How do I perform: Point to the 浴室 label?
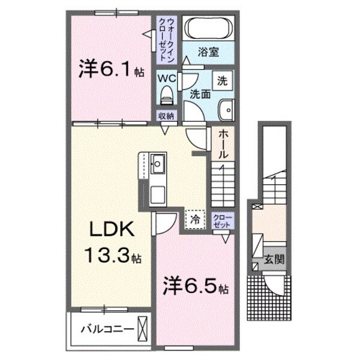tap(209, 52)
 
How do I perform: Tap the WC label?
tap(167, 79)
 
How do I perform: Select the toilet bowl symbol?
tap(167, 95)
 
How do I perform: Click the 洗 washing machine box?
tap(222, 80)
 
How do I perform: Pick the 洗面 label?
tap(199, 94)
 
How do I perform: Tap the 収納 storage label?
tap(166, 116)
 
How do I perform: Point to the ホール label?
tap(223, 145)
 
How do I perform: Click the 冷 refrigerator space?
tap(195, 218)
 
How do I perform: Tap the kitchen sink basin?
tap(158, 163)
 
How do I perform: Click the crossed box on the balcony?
tap(142, 329)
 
